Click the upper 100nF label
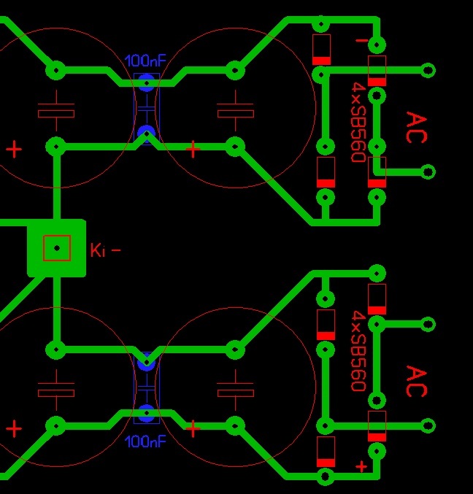click(x=146, y=61)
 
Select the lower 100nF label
click(x=146, y=441)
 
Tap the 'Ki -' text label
click(x=105, y=250)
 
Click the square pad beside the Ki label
click(x=56, y=248)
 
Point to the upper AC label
click(x=415, y=128)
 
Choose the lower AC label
click(x=415, y=382)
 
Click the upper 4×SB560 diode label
click(x=358, y=122)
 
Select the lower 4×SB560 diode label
click(x=358, y=351)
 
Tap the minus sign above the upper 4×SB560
click(x=361, y=41)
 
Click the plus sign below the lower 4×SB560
click(x=361, y=466)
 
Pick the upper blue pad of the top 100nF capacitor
click(x=147, y=82)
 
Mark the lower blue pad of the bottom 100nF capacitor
click(x=147, y=412)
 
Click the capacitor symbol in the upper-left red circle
click(x=56, y=109)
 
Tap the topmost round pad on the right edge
click(x=428, y=71)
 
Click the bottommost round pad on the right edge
click(x=428, y=425)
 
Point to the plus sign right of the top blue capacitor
click(x=193, y=150)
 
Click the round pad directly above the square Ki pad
click(x=56, y=146)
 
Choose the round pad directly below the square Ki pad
click(x=56, y=350)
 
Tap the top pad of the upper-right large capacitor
click(x=235, y=71)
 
